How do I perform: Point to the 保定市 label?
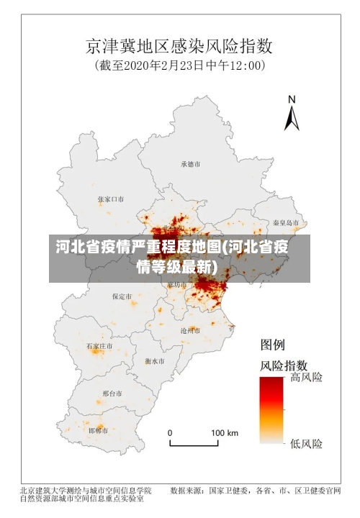point(122,296)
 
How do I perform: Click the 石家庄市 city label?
point(99,346)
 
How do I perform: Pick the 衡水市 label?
point(154,360)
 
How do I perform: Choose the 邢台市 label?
point(112,394)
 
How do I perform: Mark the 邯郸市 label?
point(97,430)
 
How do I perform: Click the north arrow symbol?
point(292,117)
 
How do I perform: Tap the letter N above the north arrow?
point(292,99)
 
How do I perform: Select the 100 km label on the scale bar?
point(224,433)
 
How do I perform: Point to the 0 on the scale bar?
point(171,433)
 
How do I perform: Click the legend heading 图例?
point(273,345)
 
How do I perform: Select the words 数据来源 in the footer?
point(186,491)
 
